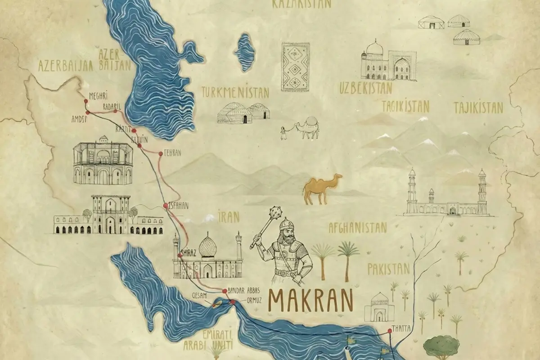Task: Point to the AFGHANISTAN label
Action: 358,227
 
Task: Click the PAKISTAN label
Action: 389,269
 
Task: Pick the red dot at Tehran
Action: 160,154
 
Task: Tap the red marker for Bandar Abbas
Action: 224,291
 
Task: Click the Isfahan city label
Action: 178,206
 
